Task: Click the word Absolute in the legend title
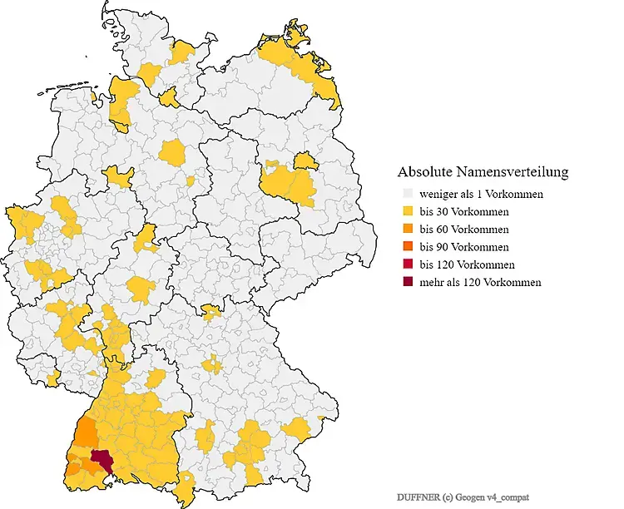[x=424, y=172]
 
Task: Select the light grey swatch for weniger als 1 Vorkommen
[x=406, y=195]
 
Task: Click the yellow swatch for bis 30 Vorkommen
[x=406, y=212]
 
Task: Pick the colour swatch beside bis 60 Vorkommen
[x=406, y=230]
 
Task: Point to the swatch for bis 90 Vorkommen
[x=406, y=247]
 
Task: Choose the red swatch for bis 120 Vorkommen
[x=406, y=264]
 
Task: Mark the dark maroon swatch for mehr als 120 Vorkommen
[x=406, y=283]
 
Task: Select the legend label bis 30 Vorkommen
[x=463, y=212]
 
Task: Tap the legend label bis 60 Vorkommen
[x=463, y=230]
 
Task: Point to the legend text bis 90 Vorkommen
[x=463, y=247]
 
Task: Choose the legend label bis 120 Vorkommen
[x=467, y=264]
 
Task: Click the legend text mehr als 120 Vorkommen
[x=480, y=283]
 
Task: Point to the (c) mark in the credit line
[x=449, y=497]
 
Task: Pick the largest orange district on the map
[x=85, y=432]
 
